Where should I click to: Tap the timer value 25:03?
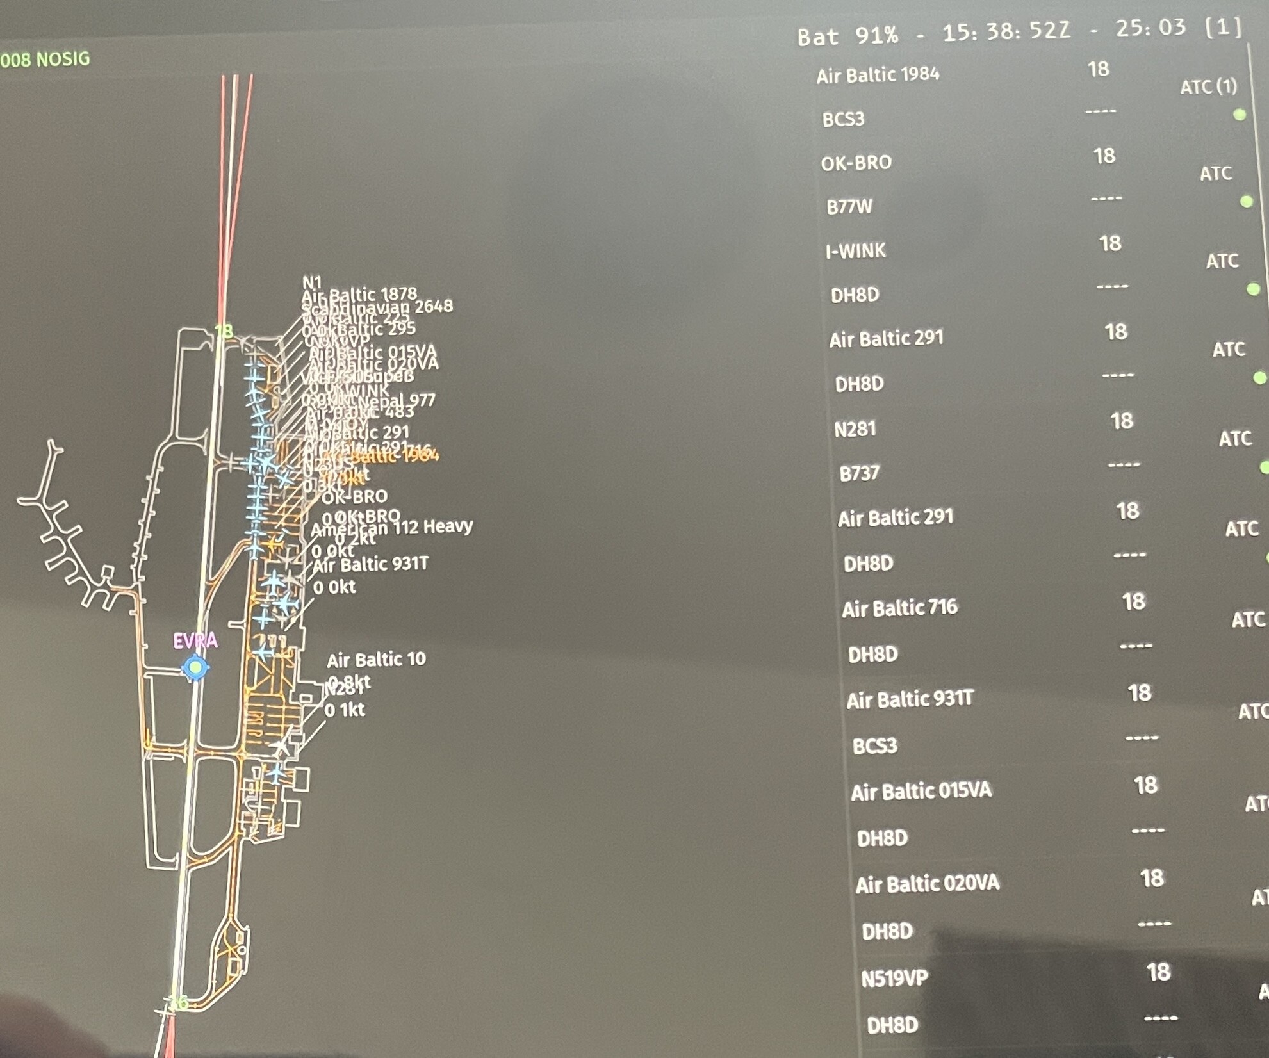point(1150,28)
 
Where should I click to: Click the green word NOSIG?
point(63,59)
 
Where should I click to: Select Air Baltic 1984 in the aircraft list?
point(878,75)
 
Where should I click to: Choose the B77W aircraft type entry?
point(849,207)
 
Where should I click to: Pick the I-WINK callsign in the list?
point(856,250)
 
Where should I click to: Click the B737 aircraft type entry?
point(860,473)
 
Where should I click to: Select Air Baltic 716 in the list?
point(899,608)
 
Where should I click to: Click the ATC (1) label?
point(1209,86)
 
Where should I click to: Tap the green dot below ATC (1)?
point(1240,115)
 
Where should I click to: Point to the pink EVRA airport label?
point(195,640)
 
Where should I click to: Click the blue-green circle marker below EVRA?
point(195,668)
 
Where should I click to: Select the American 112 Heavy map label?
point(392,527)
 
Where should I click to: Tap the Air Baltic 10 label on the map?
point(376,659)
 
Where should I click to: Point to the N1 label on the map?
point(312,282)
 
